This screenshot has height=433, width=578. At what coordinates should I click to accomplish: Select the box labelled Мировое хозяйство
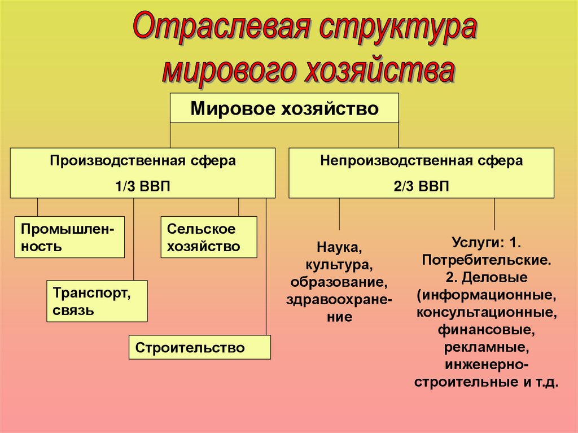click(x=284, y=108)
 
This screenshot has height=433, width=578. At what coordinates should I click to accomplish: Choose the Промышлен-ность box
click(x=69, y=237)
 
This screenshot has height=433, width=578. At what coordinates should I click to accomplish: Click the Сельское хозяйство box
click(x=208, y=237)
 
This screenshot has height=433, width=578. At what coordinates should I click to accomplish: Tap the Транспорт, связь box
click(x=97, y=301)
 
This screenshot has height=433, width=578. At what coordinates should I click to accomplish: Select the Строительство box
click(x=200, y=347)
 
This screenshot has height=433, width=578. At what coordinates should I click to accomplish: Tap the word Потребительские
click(x=486, y=261)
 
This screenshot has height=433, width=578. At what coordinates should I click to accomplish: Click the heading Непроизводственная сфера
click(x=421, y=161)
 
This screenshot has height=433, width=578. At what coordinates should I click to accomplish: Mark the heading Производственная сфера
click(x=142, y=161)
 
